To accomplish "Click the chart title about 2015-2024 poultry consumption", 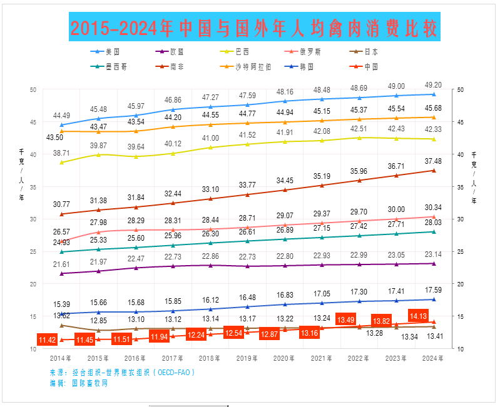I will coord(254,28).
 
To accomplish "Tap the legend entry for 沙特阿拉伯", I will coord(253,66).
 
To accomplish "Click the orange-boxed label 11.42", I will coord(48,340).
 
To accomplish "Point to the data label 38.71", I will coord(61,153).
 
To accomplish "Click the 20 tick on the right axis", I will coord(461,284).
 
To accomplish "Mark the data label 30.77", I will coord(61,204).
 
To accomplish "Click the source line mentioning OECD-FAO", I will coord(123,373).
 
